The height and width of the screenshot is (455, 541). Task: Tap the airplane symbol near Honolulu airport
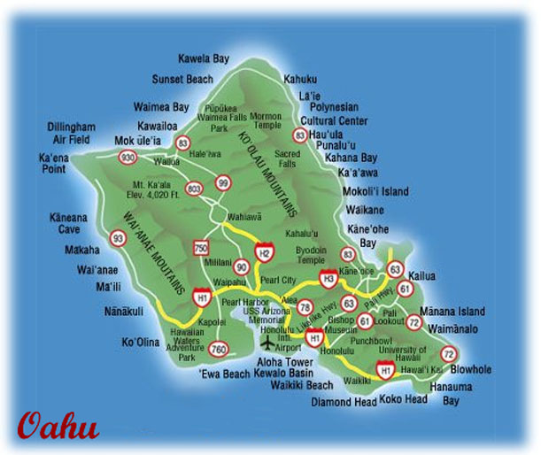pyautogui.click(x=269, y=343)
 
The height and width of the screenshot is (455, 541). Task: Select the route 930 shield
pyautogui.click(x=128, y=157)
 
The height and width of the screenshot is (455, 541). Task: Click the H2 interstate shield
pyautogui.click(x=262, y=253)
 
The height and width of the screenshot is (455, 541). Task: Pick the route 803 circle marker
pyautogui.click(x=195, y=187)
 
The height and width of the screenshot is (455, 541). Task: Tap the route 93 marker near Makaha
pyautogui.click(x=118, y=238)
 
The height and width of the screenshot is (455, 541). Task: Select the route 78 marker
pyautogui.click(x=305, y=307)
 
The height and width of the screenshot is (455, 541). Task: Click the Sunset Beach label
pyautogui.click(x=182, y=79)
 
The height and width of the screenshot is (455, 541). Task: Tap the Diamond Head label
pyautogui.click(x=343, y=401)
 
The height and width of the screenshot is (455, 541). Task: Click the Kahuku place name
pyautogui.click(x=300, y=79)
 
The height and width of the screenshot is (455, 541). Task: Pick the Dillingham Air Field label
pyautogui.click(x=72, y=133)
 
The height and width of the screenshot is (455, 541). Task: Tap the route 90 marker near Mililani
pyautogui.click(x=241, y=265)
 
